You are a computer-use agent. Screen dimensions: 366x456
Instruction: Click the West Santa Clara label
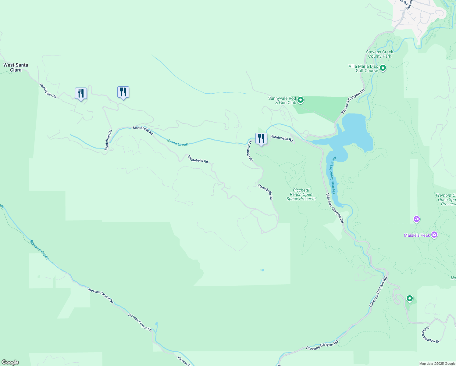(16, 67)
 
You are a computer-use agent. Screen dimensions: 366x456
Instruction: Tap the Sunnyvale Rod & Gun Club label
(282, 100)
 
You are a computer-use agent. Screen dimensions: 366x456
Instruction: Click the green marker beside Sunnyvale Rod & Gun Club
(301, 100)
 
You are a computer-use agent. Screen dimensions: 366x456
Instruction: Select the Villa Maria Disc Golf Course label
(363, 68)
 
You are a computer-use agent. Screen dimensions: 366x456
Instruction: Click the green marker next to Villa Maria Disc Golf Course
(383, 68)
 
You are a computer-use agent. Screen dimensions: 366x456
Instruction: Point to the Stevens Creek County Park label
(379, 54)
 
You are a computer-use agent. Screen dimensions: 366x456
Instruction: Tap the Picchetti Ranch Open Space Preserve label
(301, 194)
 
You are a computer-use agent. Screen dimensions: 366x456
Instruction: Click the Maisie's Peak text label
(417, 235)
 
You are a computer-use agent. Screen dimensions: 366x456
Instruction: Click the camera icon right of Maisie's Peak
(434, 235)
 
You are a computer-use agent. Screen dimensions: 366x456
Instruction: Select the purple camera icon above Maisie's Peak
(416, 219)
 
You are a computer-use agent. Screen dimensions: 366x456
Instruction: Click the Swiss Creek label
(178, 142)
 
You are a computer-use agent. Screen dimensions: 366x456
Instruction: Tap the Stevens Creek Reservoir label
(334, 175)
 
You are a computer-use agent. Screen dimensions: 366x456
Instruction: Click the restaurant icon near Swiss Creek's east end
(261, 139)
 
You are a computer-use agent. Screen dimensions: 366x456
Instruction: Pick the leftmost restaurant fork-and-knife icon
(81, 93)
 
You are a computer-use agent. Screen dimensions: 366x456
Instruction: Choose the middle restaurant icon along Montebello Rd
(123, 92)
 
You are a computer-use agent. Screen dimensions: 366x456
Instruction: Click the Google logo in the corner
(10, 362)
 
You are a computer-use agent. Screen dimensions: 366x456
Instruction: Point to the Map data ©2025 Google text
(437, 364)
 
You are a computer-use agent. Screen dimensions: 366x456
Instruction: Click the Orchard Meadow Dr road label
(430, 335)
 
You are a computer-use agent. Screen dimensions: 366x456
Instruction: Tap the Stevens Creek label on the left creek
(39, 250)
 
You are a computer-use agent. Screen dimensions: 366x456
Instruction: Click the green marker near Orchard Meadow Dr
(410, 298)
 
